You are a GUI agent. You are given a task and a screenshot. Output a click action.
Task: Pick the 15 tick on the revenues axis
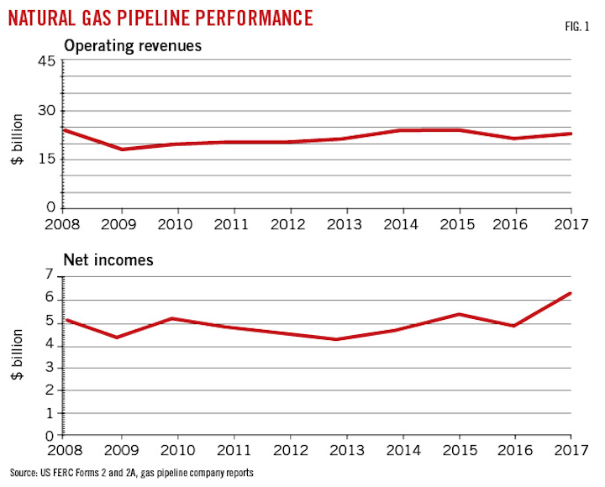pos(45,160)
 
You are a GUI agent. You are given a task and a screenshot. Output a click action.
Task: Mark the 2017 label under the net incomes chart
pos(570,450)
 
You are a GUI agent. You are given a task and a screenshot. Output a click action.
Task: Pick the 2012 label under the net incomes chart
pos(290,450)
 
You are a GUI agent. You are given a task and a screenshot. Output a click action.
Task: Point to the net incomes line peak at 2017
pos(571,294)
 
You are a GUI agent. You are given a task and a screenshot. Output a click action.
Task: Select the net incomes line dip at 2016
pos(514,326)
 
